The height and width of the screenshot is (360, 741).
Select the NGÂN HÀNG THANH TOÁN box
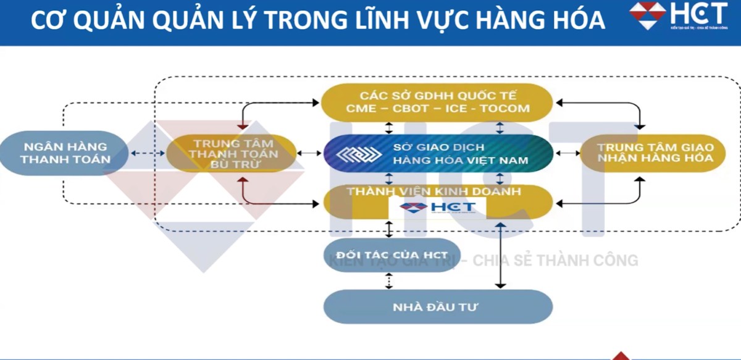(x=65, y=153)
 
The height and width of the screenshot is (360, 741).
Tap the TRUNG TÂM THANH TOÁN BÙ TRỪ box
(x=232, y=153)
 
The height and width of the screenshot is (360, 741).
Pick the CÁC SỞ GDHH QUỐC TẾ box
(x=438, y=103)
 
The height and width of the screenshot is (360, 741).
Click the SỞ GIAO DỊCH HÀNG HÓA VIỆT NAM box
(x=438, y=154)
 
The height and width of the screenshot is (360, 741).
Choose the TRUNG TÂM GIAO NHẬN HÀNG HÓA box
(x=655, y=153)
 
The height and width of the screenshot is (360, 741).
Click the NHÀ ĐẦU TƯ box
(x=438, y=306)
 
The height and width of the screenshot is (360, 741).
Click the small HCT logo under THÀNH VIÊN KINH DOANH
(x=438, y=207)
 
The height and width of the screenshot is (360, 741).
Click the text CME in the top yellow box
(x=361, y=109)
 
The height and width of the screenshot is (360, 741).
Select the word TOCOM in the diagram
(x=503, y=109)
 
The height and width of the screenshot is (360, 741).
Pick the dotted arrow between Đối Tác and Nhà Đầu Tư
(x=388, y=281)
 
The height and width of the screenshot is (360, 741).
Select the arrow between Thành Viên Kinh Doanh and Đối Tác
(x=388, y=228)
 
